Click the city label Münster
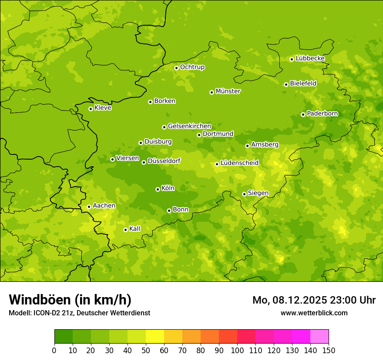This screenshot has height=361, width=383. [228, 91]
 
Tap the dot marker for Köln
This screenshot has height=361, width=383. [158, 189]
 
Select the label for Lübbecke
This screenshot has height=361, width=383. [310, 58]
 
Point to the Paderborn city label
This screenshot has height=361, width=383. [322, 114]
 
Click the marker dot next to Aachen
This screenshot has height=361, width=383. [89, 207]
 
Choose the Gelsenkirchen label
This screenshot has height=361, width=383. [189, 126]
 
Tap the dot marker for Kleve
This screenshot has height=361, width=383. [91, 109]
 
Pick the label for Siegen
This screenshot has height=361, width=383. [258, 193]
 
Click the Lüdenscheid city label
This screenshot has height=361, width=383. [239, 163]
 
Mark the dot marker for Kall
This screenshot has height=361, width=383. [125, 230]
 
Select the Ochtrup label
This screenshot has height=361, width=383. [192, 67]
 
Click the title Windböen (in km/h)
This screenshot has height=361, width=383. [70, 300]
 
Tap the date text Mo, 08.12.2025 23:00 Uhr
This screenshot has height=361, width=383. [314, 300]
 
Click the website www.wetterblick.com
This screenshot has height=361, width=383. [314, 313]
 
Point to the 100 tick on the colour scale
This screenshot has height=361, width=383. [237, 350]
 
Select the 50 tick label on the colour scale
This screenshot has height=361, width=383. [146, 350]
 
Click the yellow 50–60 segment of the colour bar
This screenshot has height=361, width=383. [155, 337]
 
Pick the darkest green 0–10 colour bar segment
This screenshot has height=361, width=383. [64, 337]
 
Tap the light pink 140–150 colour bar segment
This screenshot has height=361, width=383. [319, 337]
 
